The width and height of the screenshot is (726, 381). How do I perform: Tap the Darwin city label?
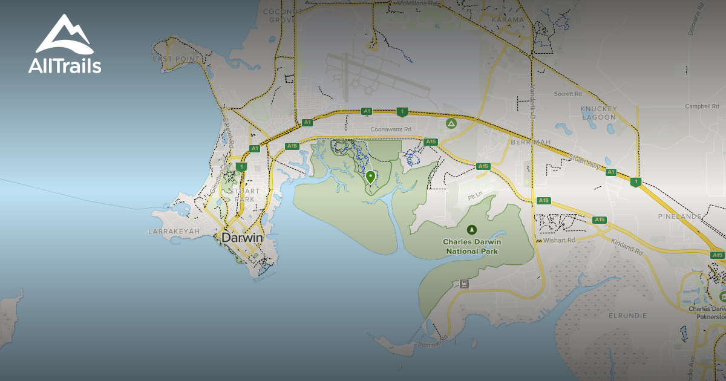coord(242,238)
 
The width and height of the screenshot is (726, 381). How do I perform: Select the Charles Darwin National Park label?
coord(472,246)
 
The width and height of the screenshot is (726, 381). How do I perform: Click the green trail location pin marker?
coord(370,177)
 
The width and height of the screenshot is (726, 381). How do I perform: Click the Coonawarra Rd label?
coord(391,129)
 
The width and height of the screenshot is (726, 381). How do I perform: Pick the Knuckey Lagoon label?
coord(598,112)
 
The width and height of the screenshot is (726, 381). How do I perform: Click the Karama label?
coord(508,19)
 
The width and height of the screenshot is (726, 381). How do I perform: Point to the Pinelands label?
coord(679,216)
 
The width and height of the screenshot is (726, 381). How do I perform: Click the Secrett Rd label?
coord(568,94)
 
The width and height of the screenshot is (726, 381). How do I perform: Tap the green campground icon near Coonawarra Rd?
coord(451,123)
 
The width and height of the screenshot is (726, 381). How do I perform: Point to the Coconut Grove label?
coord(283,15)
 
